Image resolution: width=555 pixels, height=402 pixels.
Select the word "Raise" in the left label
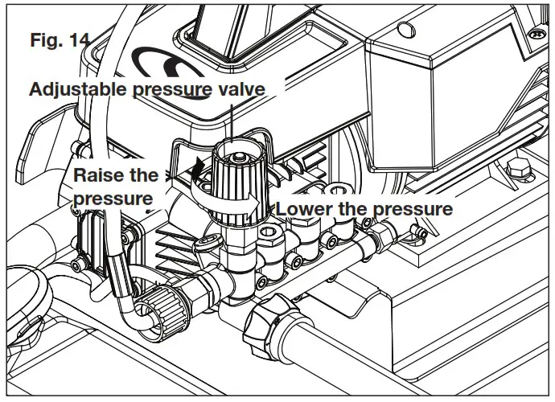click(98, 175)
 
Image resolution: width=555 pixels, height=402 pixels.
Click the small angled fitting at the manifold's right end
click(417, 232)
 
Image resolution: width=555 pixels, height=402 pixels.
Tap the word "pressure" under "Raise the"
click(113, 198)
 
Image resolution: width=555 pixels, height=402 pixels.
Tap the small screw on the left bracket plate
click(76, 265)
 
